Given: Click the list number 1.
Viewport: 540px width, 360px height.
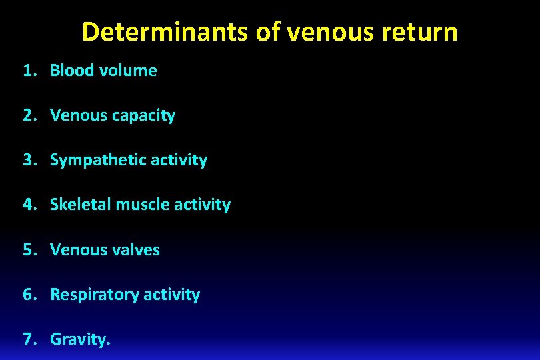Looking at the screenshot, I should point(27,71).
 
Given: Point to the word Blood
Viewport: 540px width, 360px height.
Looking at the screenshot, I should point(72,71).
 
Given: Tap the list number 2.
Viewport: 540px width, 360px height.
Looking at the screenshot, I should point(27,115).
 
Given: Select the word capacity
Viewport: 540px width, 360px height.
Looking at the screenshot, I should point(143,116).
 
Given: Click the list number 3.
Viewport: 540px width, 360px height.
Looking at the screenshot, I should point(27,160).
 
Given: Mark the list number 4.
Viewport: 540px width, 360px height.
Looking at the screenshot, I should point(27,205).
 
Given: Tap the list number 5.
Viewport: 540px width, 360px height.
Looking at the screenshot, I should point(27,249).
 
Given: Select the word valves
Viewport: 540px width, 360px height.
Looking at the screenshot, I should point(136,249).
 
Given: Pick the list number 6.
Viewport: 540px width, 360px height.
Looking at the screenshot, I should point(27,294).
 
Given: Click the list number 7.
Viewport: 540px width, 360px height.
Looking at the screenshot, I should point(27,339).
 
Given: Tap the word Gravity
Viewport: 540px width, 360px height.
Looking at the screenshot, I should point(79,339).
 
